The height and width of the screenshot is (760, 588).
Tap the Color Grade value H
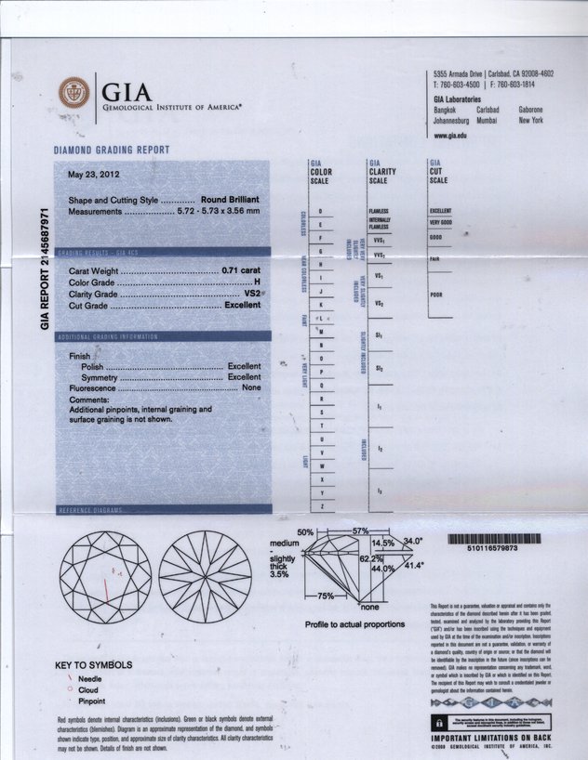[x=257, y=282]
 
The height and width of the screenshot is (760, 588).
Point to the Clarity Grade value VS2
[x=251, y=294]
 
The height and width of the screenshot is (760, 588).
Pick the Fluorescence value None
[x=251, y=388]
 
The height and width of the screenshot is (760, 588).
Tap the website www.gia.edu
[x=450, y=136]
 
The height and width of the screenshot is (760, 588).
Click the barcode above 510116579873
[x=493, y=538]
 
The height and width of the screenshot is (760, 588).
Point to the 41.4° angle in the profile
[x=413, y=565]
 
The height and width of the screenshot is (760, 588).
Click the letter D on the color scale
[x=320, y=212]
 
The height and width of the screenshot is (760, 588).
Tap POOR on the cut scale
[x=436, y=295]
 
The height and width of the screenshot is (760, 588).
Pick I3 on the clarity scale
[x=379, y=490]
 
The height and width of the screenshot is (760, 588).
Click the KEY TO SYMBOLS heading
[x=93, y=665]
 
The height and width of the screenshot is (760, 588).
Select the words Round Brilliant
[x=230, y=200]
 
